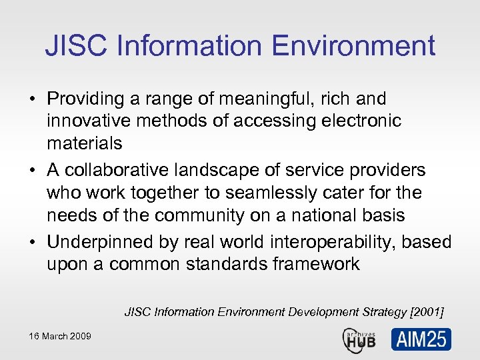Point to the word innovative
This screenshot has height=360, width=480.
click(89, 121)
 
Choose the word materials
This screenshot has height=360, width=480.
click(85, 143)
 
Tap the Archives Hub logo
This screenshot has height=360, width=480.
click(359, 338)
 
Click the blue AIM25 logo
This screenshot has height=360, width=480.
click(421, 339)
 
